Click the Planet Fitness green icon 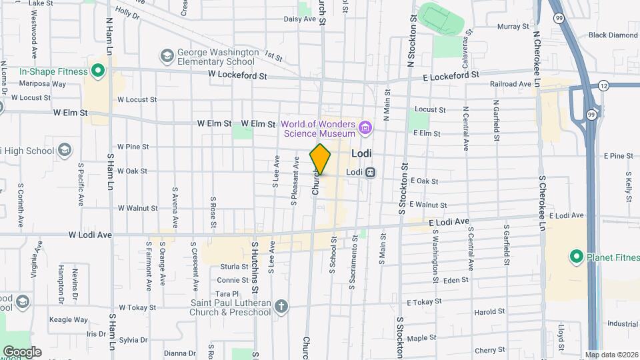coord(575,256)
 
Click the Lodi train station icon coord(371,171)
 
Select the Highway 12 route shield coord(603,85)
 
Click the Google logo coord(22,351)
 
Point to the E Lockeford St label coord(451,77)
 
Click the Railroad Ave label coord(510,84)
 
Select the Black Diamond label coord(613,35)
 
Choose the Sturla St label coord(233,267)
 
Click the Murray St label coord(512,27)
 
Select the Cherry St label coord(490,350)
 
